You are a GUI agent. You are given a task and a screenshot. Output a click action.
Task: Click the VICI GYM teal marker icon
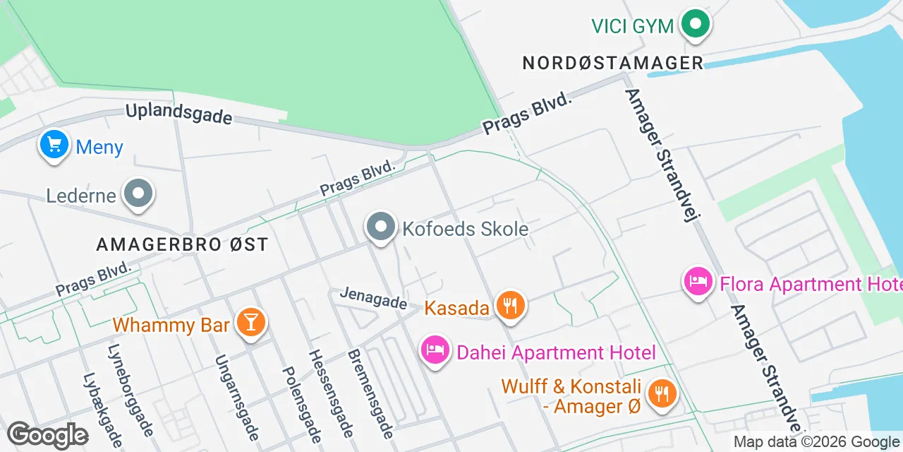coord(696,24)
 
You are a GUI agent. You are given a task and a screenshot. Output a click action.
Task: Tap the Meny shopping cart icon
coord(54,144)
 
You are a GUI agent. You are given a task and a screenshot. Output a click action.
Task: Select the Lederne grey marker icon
coord(138,194)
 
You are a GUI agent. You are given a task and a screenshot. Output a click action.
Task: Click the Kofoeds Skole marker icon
coord(382,227)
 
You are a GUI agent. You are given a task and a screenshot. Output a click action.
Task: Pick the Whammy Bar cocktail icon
coord(250,322)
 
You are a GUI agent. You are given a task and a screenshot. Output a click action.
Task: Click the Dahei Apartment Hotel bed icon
coord(435,350)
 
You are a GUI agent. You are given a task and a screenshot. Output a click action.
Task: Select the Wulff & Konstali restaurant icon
coord(661,393)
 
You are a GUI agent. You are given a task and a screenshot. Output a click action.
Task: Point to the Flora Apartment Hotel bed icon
coord(698,282)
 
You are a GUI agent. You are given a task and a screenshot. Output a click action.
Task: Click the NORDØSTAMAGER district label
coord(613,63)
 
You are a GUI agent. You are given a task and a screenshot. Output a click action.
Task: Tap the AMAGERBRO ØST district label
coord(182,244)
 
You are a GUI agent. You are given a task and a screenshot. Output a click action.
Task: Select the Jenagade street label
coord(373,297)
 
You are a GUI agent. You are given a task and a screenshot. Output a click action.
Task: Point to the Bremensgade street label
coord(370,393)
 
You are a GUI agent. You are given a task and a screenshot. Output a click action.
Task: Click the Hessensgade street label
coord(330,393)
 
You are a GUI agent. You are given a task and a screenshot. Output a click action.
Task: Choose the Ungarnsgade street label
coord(237,397)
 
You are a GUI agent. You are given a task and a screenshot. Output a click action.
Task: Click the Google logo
coord(47,435)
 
